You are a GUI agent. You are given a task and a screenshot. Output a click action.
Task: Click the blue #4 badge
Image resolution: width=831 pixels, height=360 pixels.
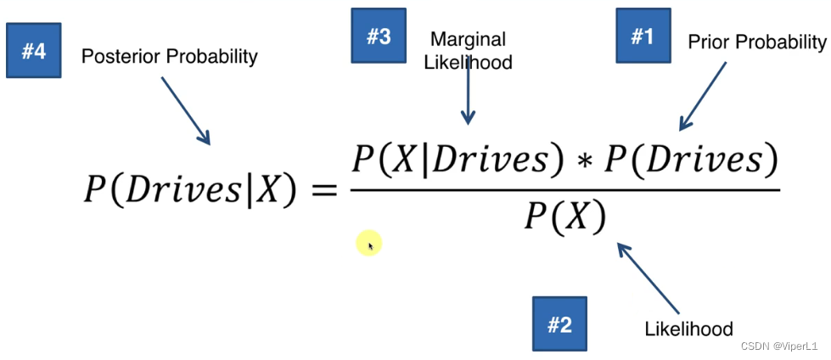pos(34,51)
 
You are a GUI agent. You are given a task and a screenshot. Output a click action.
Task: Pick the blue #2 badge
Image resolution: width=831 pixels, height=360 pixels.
pos(559,323)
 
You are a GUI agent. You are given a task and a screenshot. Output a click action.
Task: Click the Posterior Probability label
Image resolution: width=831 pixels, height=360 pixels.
pos(169,57)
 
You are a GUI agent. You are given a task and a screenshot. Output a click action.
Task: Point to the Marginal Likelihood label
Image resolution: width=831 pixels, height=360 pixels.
pos(469,50)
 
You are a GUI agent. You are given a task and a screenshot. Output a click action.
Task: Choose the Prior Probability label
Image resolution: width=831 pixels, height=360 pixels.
pos(756,42)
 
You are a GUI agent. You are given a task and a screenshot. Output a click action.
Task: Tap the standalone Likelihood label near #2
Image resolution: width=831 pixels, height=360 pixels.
pos(688,328)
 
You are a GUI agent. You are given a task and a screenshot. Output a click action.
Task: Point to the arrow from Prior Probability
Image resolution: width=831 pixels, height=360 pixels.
pos(703,95)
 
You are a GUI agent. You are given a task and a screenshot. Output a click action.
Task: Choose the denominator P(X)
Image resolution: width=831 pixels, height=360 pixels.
pos(564,217)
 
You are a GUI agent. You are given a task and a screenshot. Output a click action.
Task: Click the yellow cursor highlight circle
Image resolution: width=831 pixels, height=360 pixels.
pos(369,244)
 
